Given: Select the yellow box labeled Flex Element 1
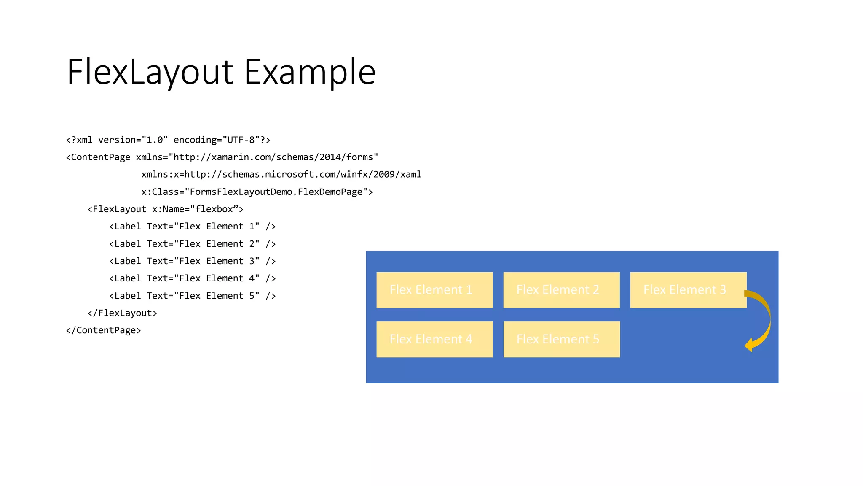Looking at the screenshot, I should point(434,290).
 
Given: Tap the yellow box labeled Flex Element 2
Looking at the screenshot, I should point(561,290).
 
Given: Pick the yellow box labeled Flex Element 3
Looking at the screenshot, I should point(688,290).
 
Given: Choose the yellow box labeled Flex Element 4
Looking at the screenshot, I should point(434,339).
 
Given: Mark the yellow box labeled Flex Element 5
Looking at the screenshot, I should point(561,339).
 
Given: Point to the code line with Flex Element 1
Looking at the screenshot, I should point(192,227).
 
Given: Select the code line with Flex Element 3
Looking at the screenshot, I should point(192,261).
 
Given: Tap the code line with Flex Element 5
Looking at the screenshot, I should point(192,296).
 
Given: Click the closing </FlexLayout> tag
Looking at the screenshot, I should point(122,313).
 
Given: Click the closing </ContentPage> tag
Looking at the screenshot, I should point(103,330).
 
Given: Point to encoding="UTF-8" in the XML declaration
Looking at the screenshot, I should point(219,140).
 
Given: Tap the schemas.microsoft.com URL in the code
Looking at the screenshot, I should point(303,175).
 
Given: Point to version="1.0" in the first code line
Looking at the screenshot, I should point(133,140).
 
